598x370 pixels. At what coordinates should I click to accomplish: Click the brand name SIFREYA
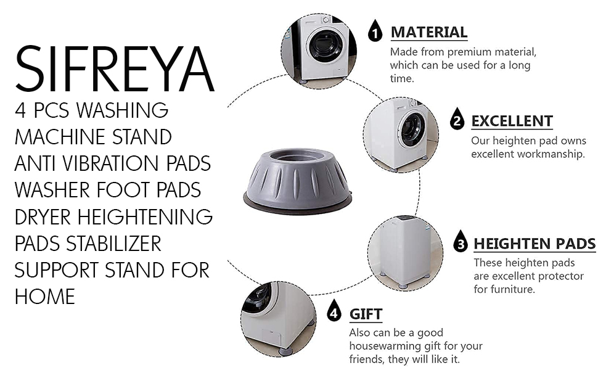pos(115,69)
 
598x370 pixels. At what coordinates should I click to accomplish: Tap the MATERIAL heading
pos(429,32)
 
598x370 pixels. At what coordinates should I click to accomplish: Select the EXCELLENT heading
pos(512,121)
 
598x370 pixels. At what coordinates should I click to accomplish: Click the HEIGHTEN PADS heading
pos(535,244)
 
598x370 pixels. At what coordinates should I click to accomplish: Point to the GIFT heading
pos(366,314)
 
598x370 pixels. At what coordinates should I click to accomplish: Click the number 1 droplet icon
pos(375,30)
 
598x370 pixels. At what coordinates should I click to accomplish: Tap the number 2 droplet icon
pos(457,118)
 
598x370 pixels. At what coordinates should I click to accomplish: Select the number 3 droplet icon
pos(461,240)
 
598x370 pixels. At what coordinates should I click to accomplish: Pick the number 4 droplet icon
pos(334,310)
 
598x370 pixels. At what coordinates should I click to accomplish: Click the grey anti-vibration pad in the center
pos(298,181)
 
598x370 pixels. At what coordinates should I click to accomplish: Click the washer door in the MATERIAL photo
pos(326,44)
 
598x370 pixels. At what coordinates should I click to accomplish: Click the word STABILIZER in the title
pos(113,244)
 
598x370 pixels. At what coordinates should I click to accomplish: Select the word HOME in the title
pos(45,297)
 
